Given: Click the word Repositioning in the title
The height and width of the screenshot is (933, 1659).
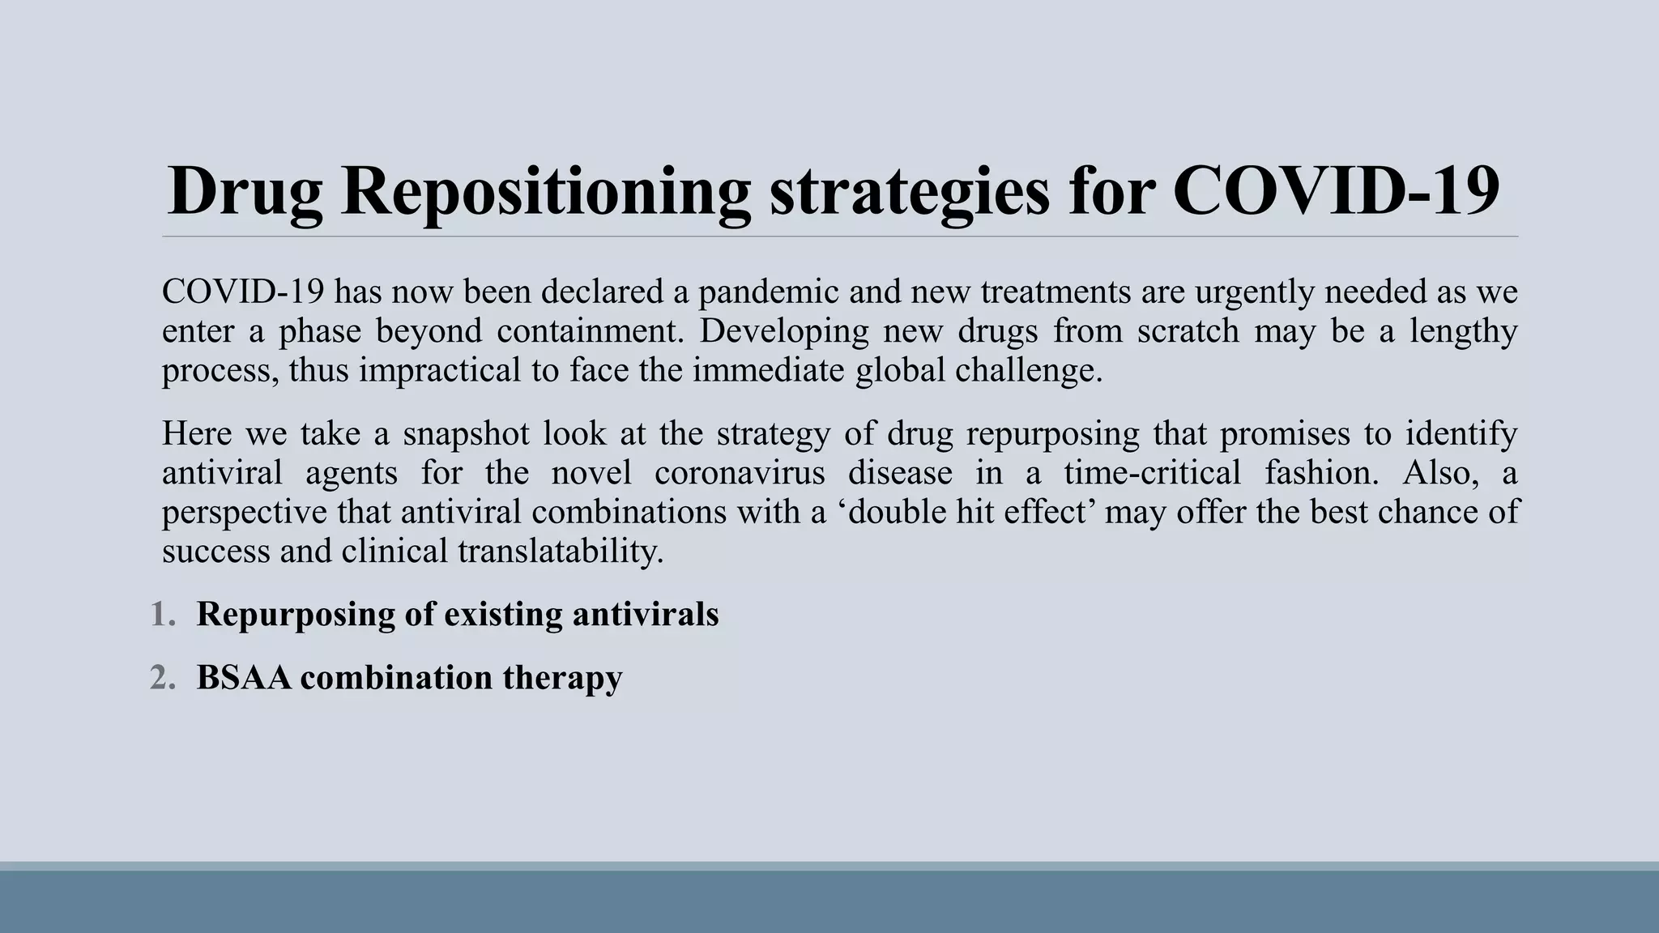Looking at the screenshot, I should click(545, 191).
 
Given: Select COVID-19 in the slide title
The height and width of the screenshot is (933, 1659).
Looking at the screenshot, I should click(1336, 191).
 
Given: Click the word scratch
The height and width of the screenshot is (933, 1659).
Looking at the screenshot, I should click(1188, 331).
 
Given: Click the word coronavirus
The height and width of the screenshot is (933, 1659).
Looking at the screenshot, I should click(740, 472).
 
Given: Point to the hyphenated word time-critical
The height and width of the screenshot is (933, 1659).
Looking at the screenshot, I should click(1152, 472).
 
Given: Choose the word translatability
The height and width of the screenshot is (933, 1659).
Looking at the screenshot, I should click(561, 551).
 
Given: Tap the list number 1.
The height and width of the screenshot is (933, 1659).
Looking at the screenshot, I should click(162, 615).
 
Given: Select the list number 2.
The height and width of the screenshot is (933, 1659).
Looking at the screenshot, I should click(162, 678).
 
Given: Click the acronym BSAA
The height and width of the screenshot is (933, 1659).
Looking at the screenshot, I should click(243, 678).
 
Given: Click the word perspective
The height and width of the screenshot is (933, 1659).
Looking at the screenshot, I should click(245, 512).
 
